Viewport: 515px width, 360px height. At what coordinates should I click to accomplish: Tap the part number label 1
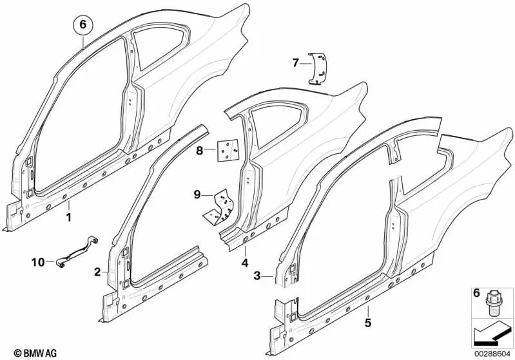point(69,217)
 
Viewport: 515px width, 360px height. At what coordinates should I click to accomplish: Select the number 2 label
point(97,272)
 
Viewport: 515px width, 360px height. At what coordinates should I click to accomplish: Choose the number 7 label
point(296,62)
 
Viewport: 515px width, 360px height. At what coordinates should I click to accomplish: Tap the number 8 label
point(200,151)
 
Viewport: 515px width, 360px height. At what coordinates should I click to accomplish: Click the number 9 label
point(198,194)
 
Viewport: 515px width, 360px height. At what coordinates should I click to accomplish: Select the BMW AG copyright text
point(24,352)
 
